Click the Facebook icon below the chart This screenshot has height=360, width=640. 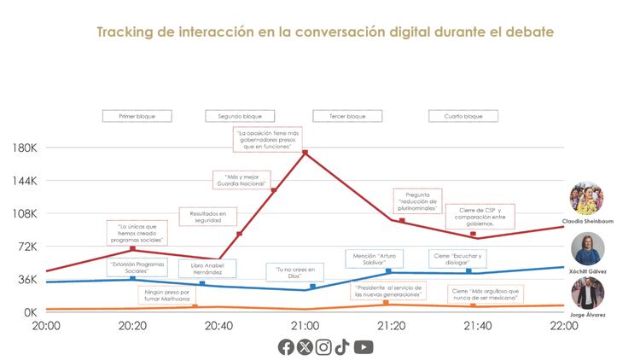(x=286, y=346)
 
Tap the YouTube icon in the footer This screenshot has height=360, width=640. (x=364, y=346)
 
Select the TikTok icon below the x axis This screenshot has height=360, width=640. (x=342, y=346)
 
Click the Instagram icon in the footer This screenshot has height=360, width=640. (x=323, y=346)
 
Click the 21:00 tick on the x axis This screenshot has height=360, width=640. (x=305, y=326)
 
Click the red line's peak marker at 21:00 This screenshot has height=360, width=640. (x=305, y=153)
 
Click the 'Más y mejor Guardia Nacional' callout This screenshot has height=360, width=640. (x=242, y=180)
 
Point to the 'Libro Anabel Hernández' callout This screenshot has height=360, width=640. (x=204, y=268)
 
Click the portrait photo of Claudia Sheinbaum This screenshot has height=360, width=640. (x=587, y=200)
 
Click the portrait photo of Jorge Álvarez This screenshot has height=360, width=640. (x=588, y=293)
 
